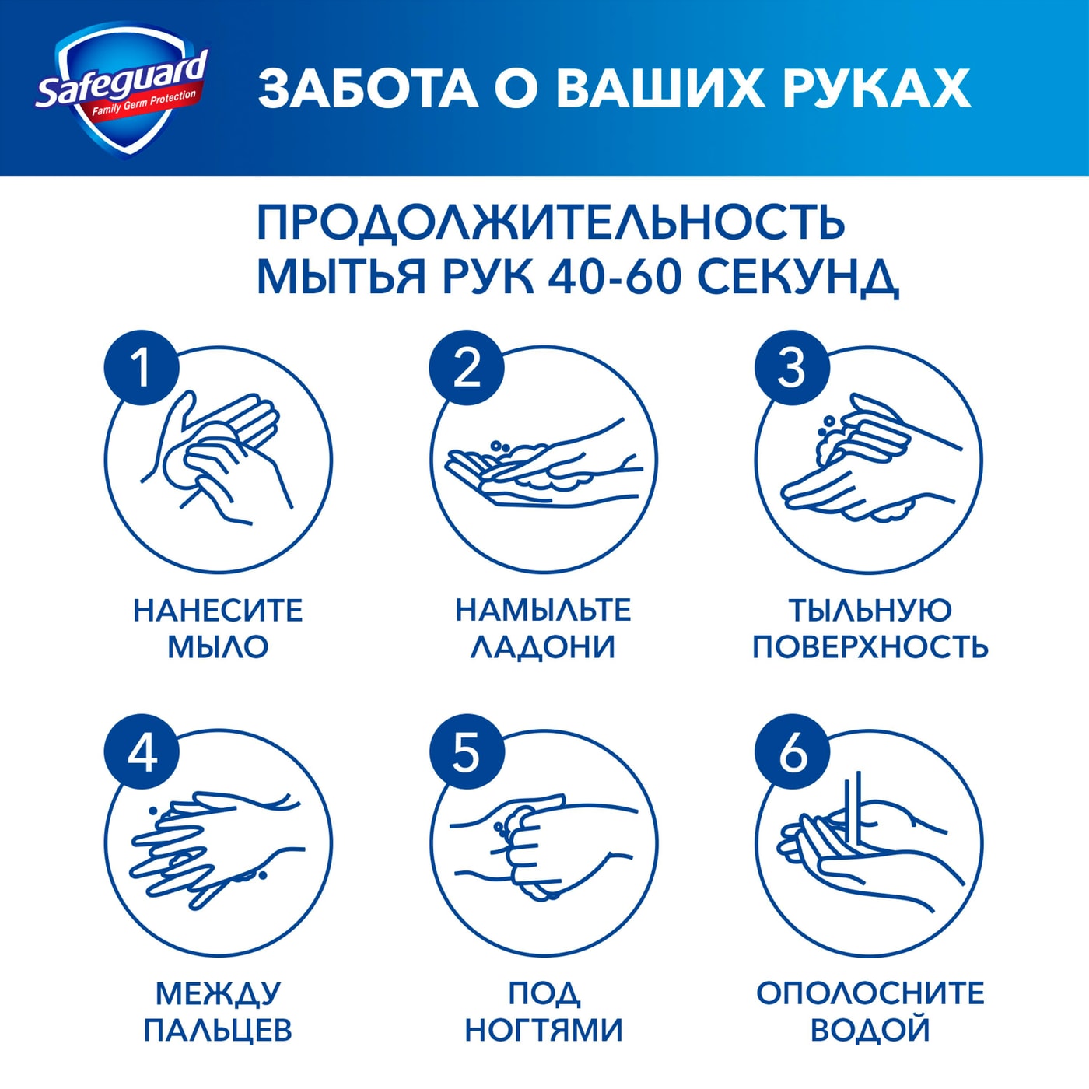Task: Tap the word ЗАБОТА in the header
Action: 368,88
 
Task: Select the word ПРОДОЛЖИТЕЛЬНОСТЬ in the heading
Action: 550,223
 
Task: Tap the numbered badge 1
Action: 142,367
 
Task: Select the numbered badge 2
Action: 467,367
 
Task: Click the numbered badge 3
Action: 792,367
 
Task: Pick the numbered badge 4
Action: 142,752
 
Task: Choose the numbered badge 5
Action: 467,752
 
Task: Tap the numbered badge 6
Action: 792,752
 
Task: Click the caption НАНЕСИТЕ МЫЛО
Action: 218,629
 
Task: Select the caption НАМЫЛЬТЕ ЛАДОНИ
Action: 543,629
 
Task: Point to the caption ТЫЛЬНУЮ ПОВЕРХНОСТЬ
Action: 870,629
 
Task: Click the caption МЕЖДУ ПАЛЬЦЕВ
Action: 218,1011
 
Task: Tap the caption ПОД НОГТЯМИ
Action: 543,1011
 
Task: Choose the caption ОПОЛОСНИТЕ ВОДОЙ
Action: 870,1011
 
